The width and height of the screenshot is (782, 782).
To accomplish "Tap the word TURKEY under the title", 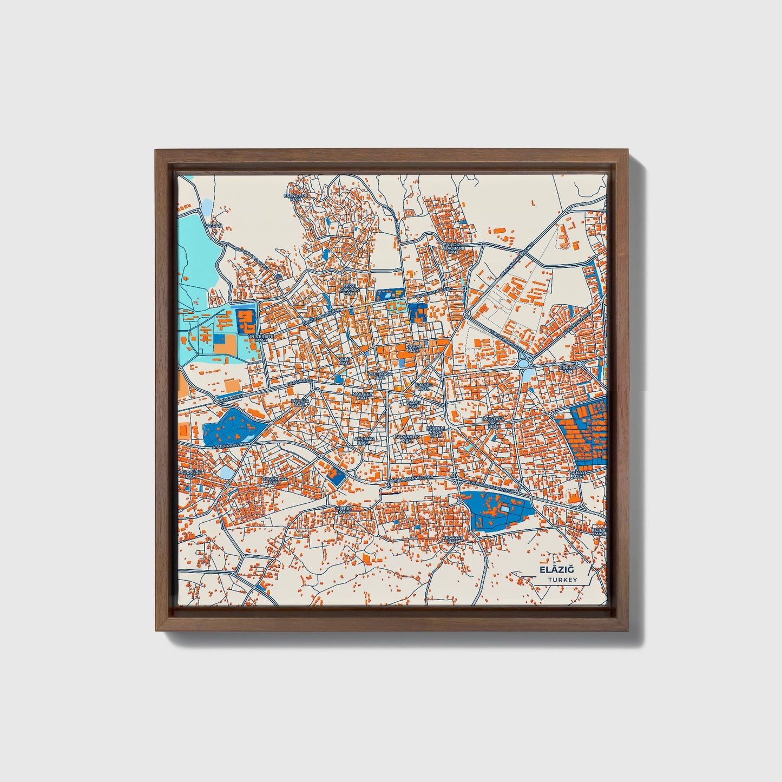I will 562,580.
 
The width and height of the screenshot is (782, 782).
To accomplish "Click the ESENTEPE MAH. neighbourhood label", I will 295,197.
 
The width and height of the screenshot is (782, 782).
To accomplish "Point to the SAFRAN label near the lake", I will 213,225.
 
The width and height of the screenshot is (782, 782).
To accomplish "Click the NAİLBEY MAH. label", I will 363,396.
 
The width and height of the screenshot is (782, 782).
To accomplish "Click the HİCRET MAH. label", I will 344,510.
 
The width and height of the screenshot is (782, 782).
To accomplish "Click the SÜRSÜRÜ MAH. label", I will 189,474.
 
